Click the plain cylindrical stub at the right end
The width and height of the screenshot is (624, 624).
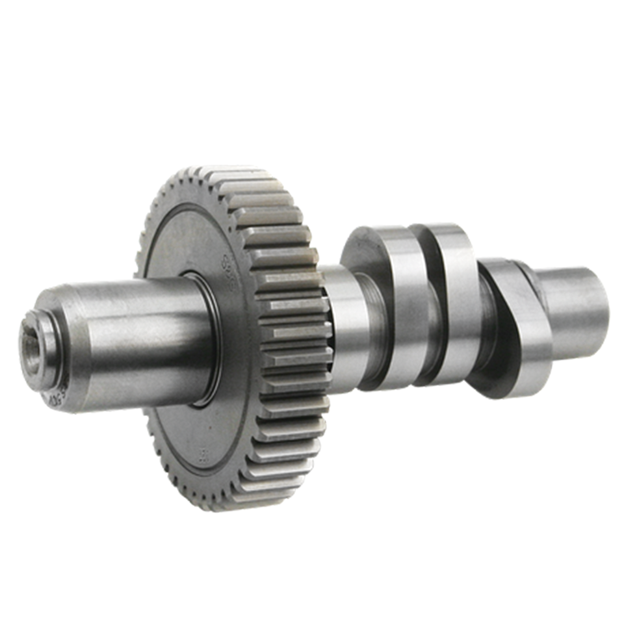[575, 305]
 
